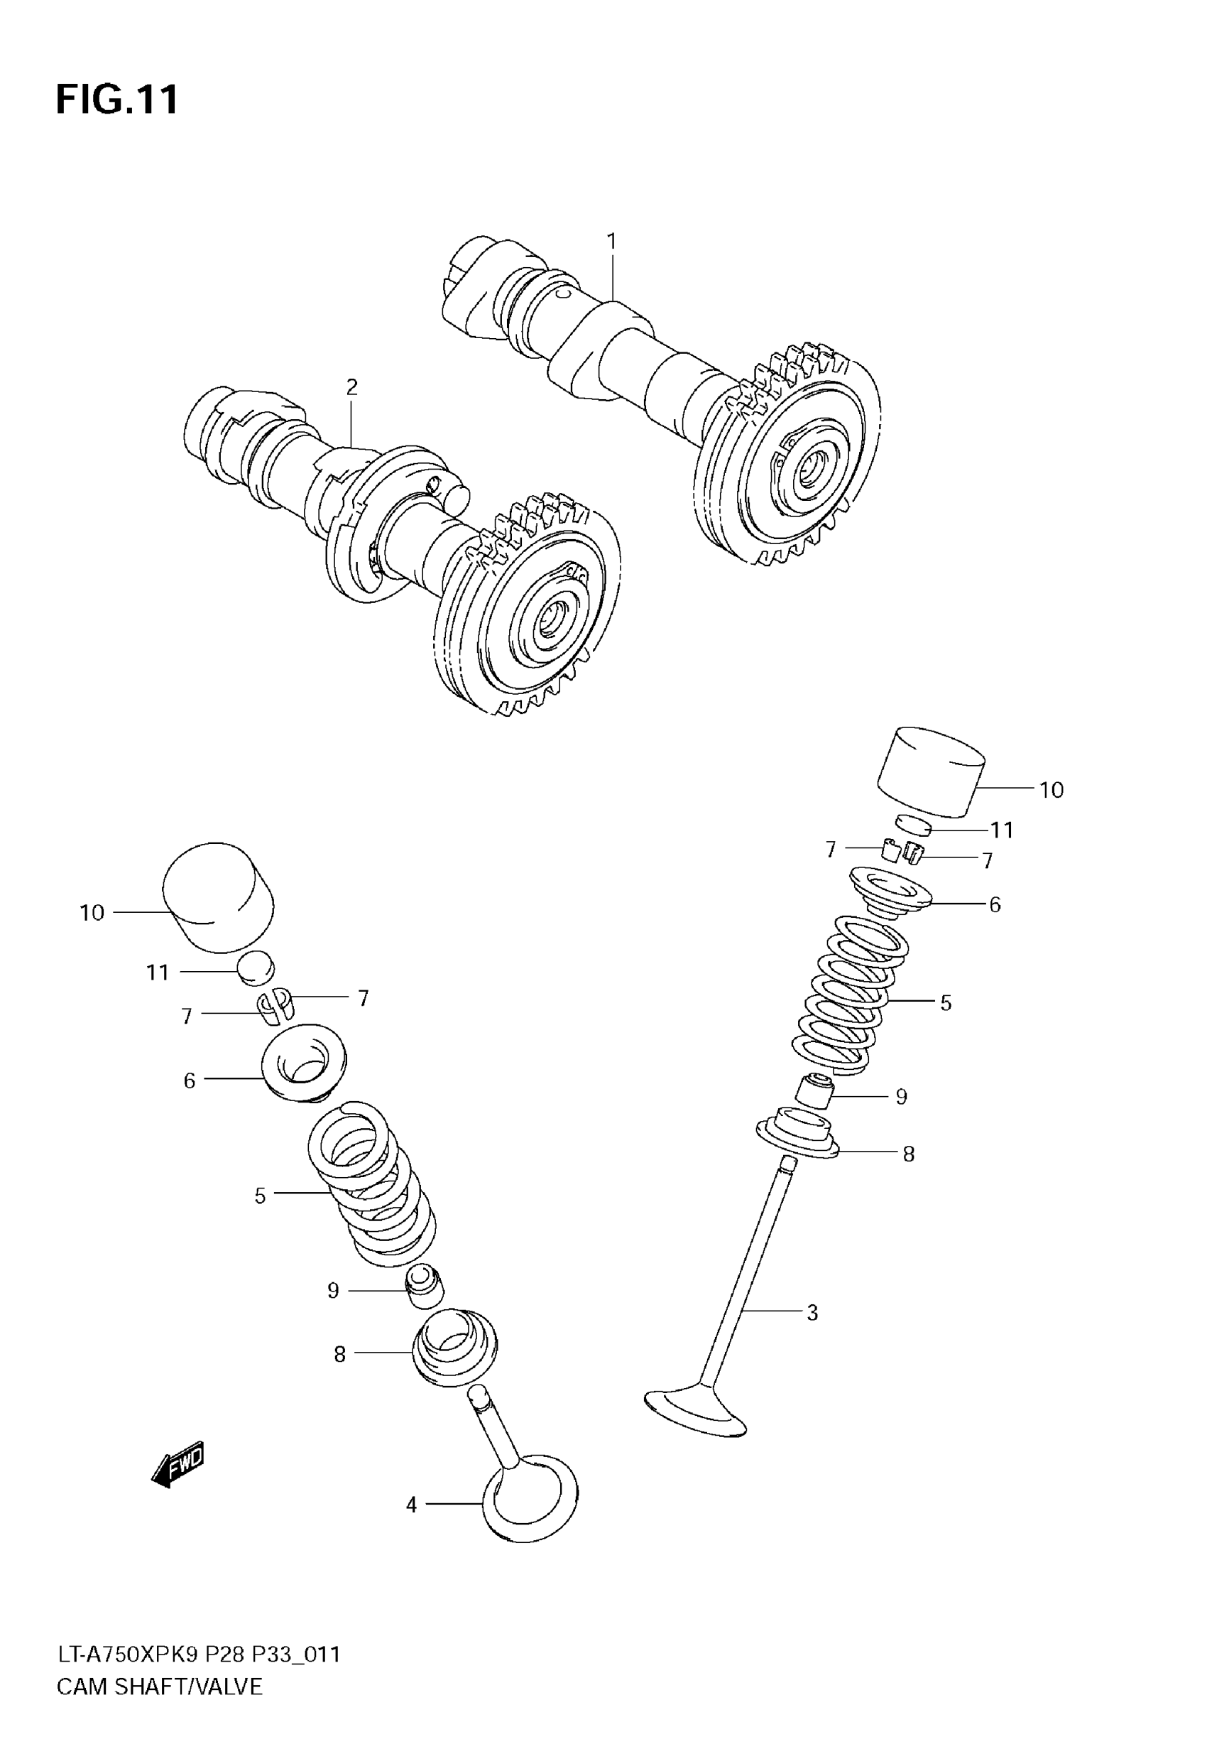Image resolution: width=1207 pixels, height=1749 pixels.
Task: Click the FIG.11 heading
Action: [117, 99]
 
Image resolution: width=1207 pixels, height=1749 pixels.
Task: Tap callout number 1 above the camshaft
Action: [611, 242]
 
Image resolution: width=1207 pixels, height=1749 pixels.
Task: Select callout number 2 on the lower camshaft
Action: [351, 387]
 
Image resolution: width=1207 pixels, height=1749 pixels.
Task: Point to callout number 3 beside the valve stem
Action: [812, 1313]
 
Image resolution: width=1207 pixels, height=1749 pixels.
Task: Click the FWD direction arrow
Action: [178, 1465]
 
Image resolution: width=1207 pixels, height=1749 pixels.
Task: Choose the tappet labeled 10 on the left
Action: [219, 897]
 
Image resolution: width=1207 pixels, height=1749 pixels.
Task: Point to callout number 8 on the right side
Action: [908, 1154]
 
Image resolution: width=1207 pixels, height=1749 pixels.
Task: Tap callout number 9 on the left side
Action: [333, 1291]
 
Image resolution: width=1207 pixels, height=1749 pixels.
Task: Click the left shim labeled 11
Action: [256, 969]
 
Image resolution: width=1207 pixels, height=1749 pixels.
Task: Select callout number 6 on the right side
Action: [995, 905]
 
